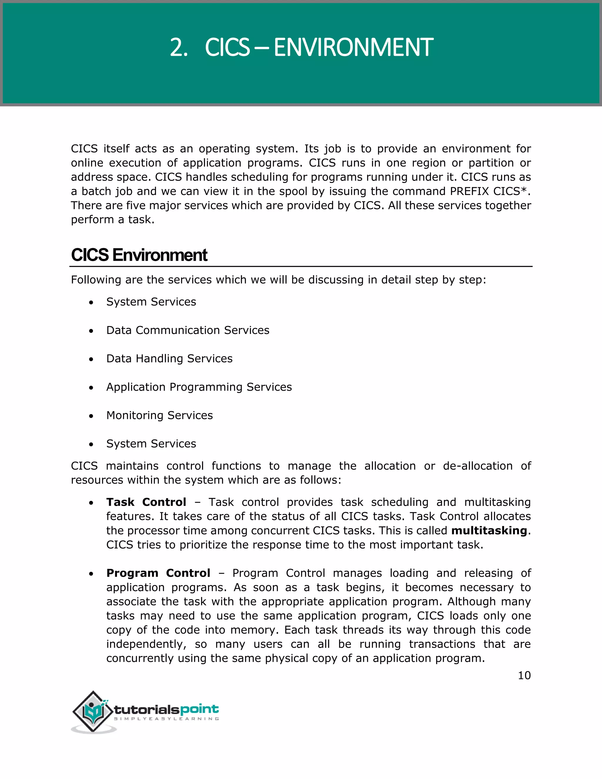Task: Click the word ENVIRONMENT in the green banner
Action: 353,47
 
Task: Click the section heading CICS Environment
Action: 139,255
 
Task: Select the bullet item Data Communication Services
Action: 188,330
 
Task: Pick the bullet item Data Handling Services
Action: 169,358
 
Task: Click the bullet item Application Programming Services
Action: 199,387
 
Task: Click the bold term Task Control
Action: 146,502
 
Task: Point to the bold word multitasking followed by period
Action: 489,531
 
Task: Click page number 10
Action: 524,676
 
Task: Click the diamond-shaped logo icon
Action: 93,712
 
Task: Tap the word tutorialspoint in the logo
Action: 166,709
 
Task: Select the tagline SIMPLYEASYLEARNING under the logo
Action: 166,719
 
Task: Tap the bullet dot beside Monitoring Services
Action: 91,416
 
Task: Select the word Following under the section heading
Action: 96,280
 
